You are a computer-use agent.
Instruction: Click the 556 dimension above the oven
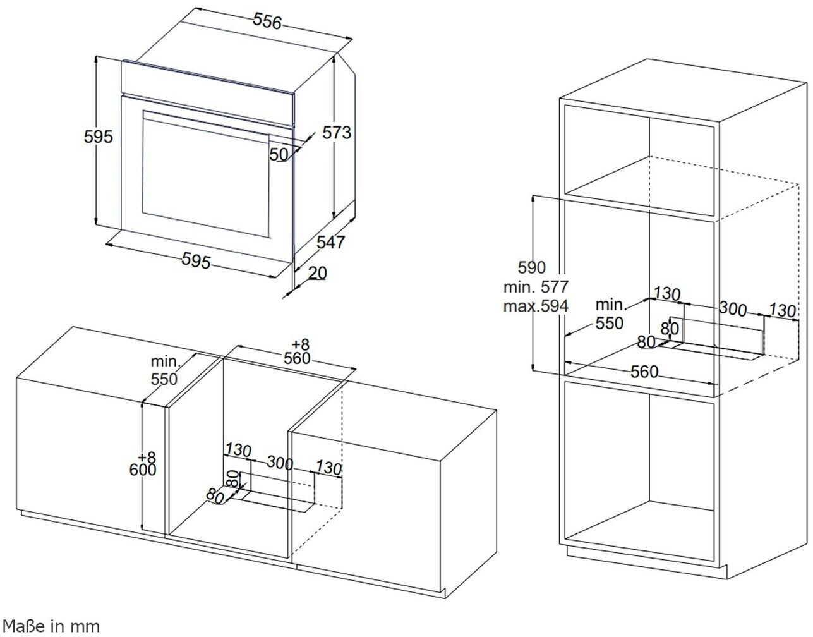[x=267, y=21]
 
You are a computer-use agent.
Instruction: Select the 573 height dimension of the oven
[x=336, y=133]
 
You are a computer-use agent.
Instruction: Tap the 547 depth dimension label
[x=330, y=241]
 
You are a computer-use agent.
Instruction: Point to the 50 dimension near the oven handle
[x=279, y=154]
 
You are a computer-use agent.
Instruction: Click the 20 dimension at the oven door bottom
[x=318, y=272]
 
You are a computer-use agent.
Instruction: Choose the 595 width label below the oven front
[x=196, y=260]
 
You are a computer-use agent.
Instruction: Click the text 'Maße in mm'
[x=51, y=626]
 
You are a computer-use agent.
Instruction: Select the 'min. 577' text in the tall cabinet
[x=536, y=287]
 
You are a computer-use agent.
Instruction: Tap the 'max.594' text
[x=536, y=306]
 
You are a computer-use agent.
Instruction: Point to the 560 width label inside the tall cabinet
[x=644, y=372]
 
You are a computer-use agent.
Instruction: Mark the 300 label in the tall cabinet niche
[x=733, y=309]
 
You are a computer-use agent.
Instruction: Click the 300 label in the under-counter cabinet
[x=279, y=463]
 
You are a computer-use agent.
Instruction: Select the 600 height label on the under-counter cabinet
[x=144, y=470]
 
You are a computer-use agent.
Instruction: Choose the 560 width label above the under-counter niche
[x=298, y=358]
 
